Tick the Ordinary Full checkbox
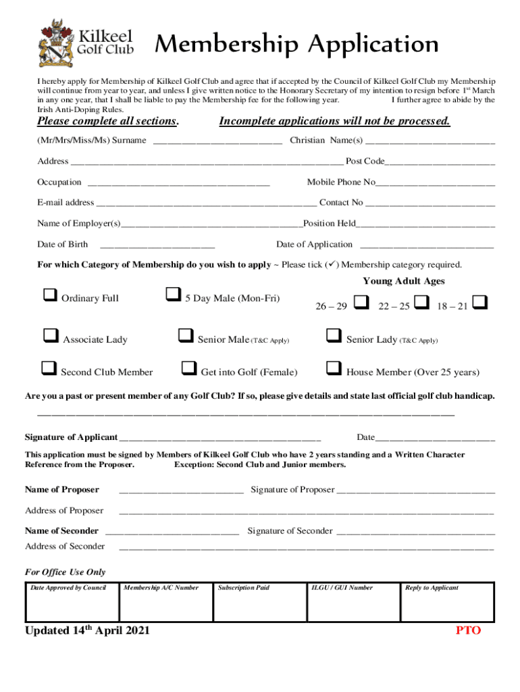49,295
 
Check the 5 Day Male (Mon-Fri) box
173,295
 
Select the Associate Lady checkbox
50,335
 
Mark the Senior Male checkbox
184,335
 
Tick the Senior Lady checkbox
333,335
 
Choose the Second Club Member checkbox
49,368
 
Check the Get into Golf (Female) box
188,368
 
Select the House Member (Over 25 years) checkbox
333,368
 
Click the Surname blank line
217,141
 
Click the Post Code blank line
440,162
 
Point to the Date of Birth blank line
157,245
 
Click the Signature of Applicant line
219,438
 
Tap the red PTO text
468,631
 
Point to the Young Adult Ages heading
404,281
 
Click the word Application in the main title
373,45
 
